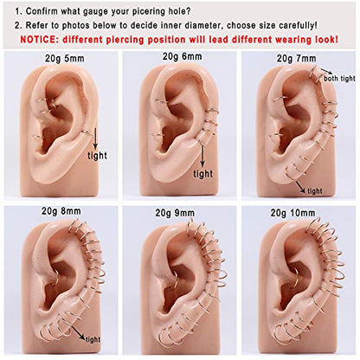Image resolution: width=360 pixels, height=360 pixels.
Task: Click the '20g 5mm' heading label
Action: tap(65, 59)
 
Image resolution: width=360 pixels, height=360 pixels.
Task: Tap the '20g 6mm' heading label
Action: tap(182, 56)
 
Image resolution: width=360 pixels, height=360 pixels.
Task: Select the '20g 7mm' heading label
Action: tap(297, 59)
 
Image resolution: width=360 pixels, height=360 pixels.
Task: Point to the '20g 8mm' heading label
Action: tap(61, 211)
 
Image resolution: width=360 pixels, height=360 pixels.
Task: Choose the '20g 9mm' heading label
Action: tap(175, 213)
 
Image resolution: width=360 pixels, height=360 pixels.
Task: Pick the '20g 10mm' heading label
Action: tap(292, 213)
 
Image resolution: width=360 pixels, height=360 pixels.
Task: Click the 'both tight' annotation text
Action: tap(339, 78)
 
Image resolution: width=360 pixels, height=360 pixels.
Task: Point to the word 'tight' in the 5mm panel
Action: tap(97, 156)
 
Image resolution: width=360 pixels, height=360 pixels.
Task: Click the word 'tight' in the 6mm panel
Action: tap(203, 174)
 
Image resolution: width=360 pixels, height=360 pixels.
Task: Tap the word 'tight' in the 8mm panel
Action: tap(93, 339)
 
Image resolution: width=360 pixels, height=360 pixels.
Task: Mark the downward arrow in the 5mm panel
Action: tap(95, 139)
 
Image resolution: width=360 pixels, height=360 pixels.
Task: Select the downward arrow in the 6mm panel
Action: tap(202, 157)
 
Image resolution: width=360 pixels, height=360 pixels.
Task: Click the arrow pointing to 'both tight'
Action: tap(326, 71)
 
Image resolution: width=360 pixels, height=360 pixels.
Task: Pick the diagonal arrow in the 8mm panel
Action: tap(78, 332)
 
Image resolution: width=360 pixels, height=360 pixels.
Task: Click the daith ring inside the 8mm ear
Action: tap(57, 278)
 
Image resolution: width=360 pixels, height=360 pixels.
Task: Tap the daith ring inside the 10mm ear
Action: tap(294, 279)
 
